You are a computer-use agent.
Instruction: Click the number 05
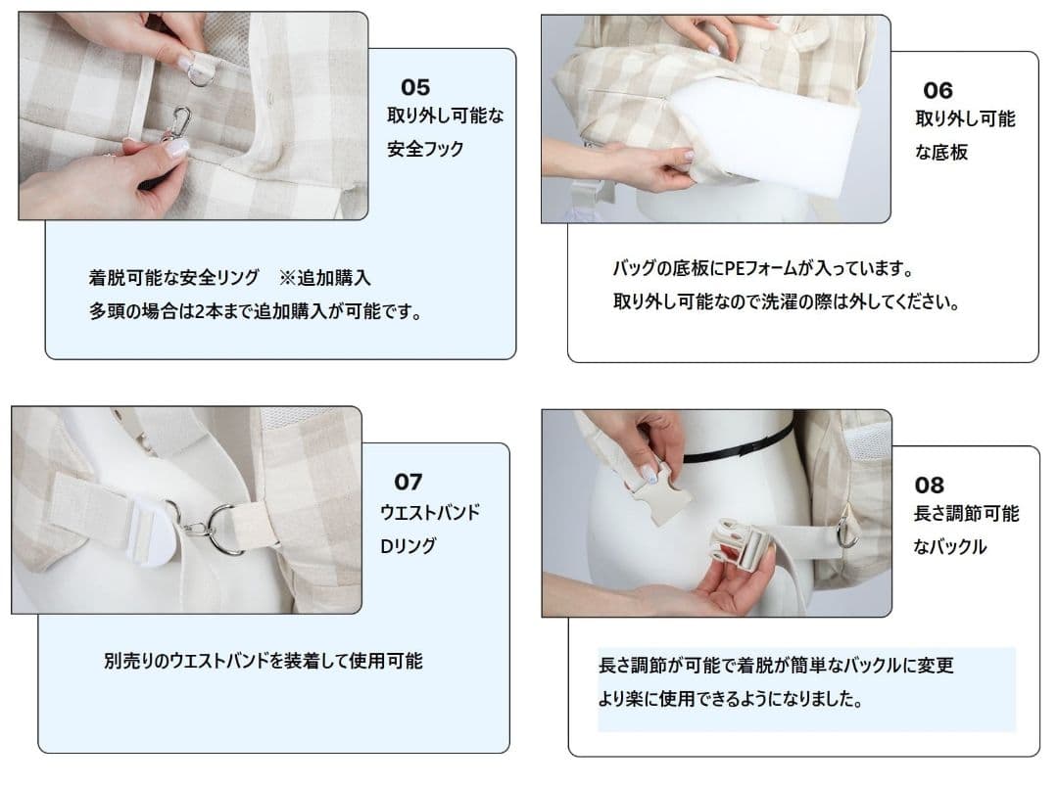(415, 88)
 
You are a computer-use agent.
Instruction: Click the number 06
(938, 91)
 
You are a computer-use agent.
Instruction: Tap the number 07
(409, 482)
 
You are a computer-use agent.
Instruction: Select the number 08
(929, 485)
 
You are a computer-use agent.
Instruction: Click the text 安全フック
(425, 150)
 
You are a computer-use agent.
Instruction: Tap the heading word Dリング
(409, 546)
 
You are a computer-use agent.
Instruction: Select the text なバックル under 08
(949, 547)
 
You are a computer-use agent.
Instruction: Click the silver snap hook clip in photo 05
(178, 122)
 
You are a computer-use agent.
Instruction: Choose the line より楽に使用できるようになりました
(730, 701)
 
